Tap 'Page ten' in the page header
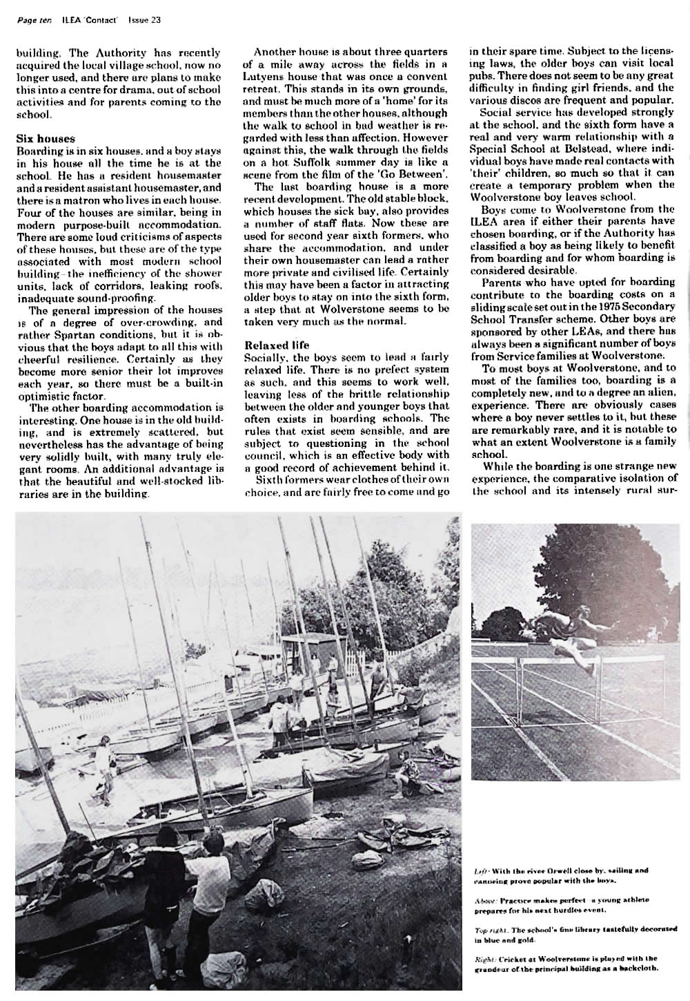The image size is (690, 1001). point(32,20)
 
